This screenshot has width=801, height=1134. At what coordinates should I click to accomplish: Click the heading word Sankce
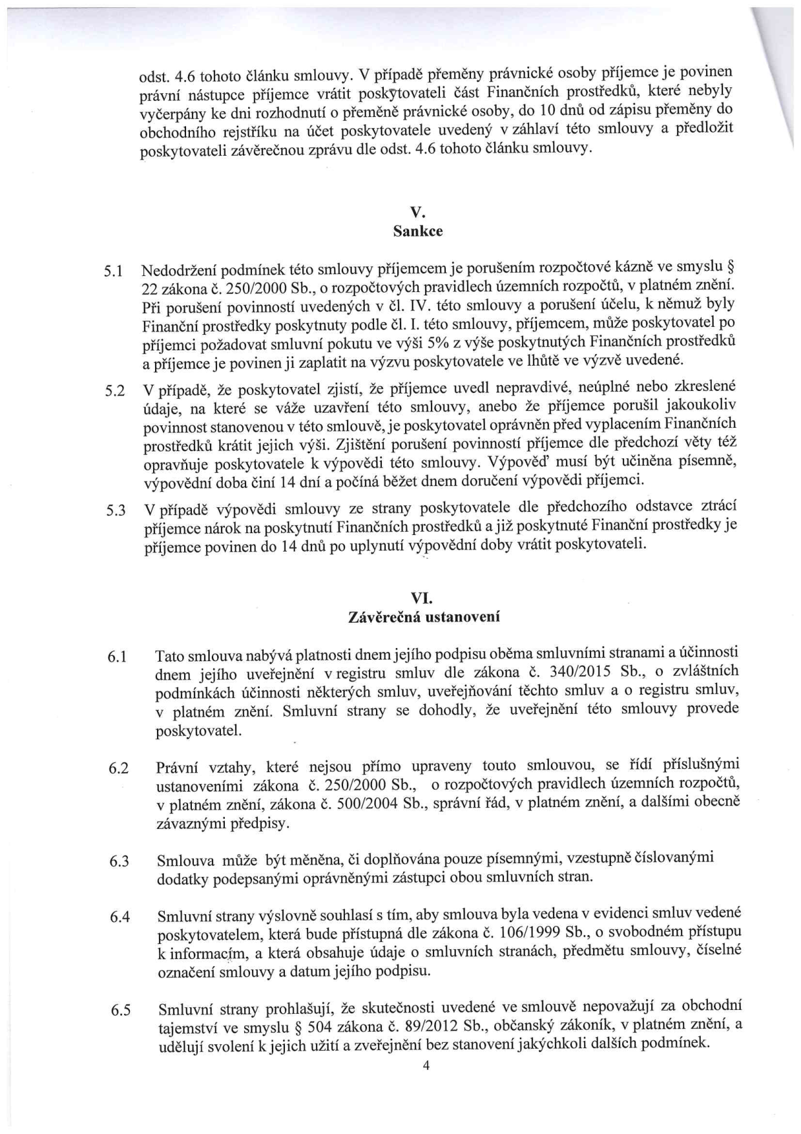(x=418, y=231)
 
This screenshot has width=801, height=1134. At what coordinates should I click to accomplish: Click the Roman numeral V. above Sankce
(x=417, y=213)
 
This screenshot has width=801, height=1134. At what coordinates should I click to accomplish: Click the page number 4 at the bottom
(x=426, y=1067)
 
